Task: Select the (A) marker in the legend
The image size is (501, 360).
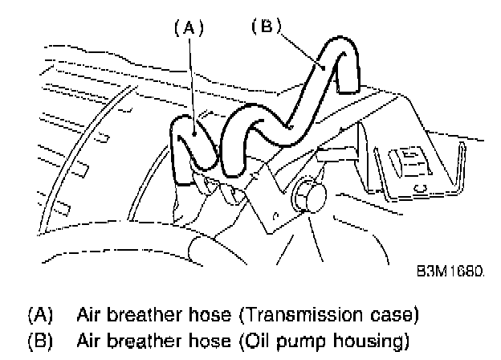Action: [x=39, y=312]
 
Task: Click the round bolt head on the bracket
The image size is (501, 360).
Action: [x=306, y=196]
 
